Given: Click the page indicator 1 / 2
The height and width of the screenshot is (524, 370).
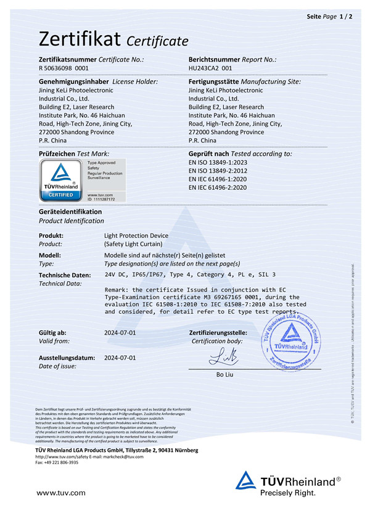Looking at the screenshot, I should pos(346,16).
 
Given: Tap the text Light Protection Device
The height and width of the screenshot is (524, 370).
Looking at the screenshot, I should pos(136,235).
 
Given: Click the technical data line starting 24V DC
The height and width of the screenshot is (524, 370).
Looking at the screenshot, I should pos(190,275).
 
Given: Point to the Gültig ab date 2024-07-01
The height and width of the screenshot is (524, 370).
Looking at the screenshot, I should pos(120,332).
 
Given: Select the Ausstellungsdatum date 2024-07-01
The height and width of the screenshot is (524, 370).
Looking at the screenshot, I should pos(120,358).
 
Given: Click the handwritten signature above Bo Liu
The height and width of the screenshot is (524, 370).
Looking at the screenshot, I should pos(223,356).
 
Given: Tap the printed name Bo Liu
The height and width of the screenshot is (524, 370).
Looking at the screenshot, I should pos(223,374).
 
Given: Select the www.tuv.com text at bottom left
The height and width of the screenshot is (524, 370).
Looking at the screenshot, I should pos(61,493).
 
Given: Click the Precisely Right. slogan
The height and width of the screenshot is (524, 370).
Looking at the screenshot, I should pos(287,493).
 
